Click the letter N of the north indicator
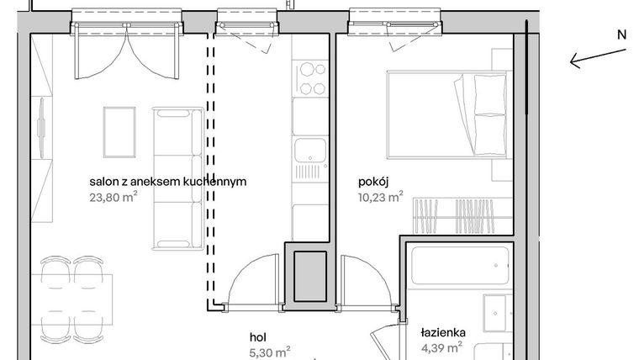(621, 35)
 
